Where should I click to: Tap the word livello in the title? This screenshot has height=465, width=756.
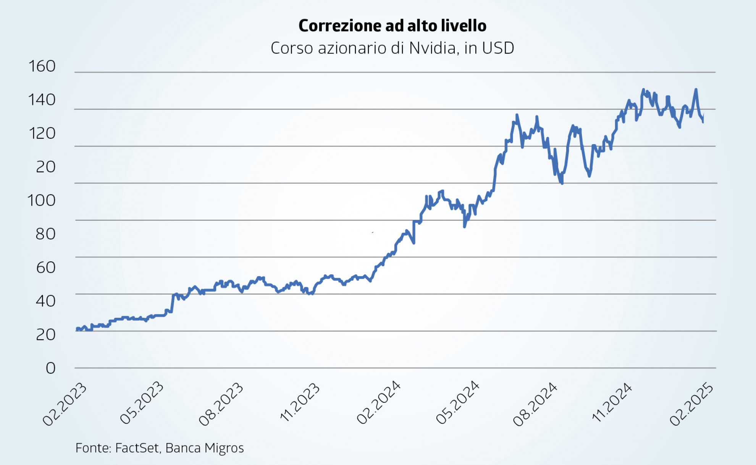pos(464,26)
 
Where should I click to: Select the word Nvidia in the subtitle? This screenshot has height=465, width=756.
pos(432,48)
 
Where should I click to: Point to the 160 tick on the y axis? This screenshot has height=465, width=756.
pos(42,66)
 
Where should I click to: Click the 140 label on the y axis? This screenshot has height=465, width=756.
pos(42,100)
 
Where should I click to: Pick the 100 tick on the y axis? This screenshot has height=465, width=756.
pos(42,201)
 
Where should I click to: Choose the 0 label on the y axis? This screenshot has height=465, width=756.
pos(50,368)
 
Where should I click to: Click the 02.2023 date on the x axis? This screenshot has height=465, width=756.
pos(65,404)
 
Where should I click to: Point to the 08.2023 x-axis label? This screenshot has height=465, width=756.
pos(221,404)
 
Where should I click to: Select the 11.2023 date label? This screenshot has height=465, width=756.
pos(300,402)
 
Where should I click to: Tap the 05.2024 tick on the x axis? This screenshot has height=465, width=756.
pos(457,403)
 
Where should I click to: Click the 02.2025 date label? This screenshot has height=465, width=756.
pos(691,404)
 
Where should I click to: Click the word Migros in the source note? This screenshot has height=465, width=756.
pos(224,448)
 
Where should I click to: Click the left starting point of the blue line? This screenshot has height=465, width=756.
pos(77,330)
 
